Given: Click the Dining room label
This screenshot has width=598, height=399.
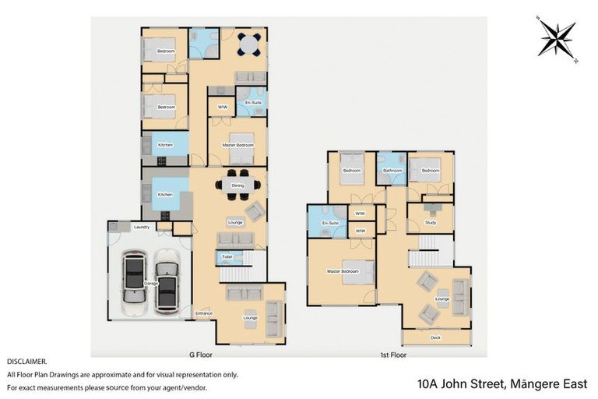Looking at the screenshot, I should coord(237,185).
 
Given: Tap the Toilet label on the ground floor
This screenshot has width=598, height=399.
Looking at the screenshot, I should coord(227,256).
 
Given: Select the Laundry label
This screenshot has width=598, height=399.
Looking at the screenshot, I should coord(141,227).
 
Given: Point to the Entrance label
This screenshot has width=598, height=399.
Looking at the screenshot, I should coord(203,313).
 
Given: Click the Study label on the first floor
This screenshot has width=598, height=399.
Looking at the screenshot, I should coord(431,223).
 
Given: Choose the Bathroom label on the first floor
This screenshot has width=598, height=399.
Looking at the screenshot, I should coord(392,170).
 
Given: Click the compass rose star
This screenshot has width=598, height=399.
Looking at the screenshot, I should coord(558,38).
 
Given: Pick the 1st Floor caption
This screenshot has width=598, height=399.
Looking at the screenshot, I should coord(393,355).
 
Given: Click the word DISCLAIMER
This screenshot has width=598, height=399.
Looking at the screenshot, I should coord(27,362).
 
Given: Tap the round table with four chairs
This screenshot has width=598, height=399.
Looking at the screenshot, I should coord(249,44).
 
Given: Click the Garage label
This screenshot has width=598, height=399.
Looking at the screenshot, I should coord(151,283).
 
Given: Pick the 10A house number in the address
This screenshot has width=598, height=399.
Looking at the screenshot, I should coord(427,383).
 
